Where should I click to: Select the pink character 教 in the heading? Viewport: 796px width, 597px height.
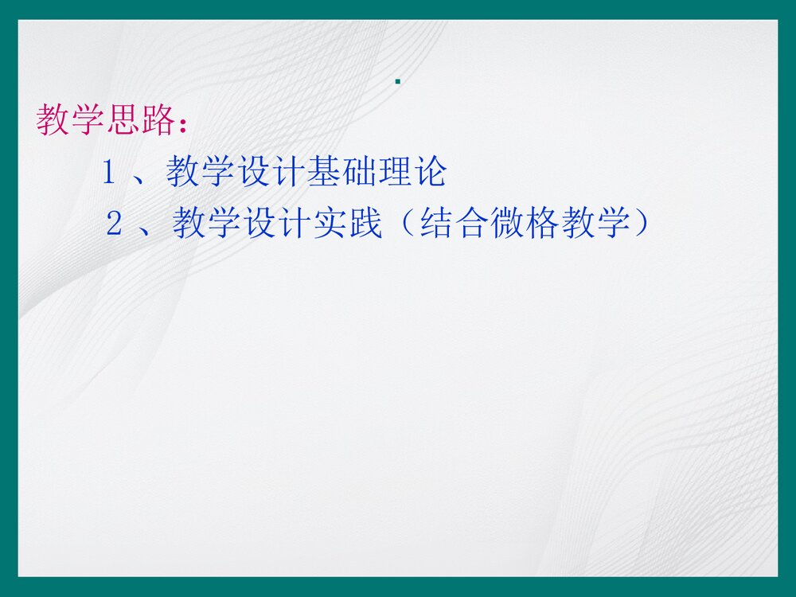point(53,120)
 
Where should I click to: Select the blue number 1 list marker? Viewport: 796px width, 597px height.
point(110,173)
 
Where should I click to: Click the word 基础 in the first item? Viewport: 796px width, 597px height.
point(341,172)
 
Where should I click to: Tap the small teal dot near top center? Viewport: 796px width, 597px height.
point(397,81)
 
